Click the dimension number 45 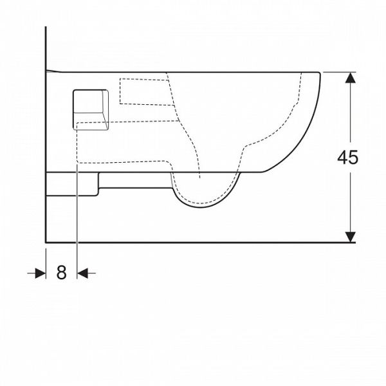click(x=347, y=158)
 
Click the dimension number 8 click(x=61, y=273)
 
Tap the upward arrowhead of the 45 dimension click(x=351, y=78)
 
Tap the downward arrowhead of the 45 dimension click(x=351, y=237)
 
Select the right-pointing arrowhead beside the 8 click(x=41, y=273)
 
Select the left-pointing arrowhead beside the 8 click(x=82, y=273)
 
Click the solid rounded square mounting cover click(x=91, y=109)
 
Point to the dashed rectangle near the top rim click(x=147, y=92)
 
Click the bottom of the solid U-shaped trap click(x=201, y=207)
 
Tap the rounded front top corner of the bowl click(x=319, y=73)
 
